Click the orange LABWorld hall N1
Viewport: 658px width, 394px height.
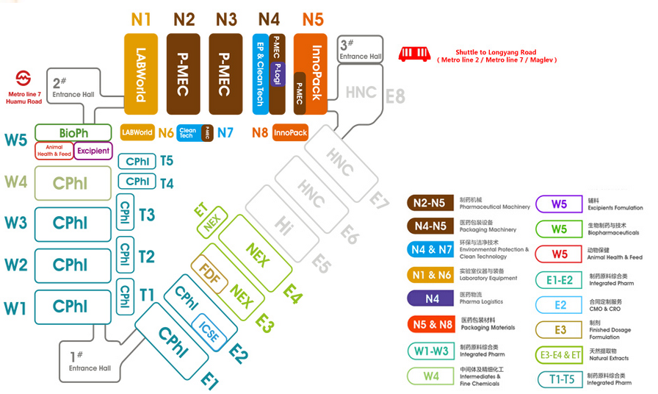click(x=141, y=74)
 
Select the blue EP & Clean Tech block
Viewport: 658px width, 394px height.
click(x=259, y=74)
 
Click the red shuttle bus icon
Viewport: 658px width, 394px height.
click(x=413, y=54)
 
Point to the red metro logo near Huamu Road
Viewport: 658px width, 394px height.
click(x=23, y=79)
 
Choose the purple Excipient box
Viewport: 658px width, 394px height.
click(x=93, y=151)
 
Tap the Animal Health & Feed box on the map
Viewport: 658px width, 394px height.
click(x=54, y=151)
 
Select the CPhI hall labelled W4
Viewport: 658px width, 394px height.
click(x=73, y=183)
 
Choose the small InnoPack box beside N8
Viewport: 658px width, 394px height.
click(x=290, y=133)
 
